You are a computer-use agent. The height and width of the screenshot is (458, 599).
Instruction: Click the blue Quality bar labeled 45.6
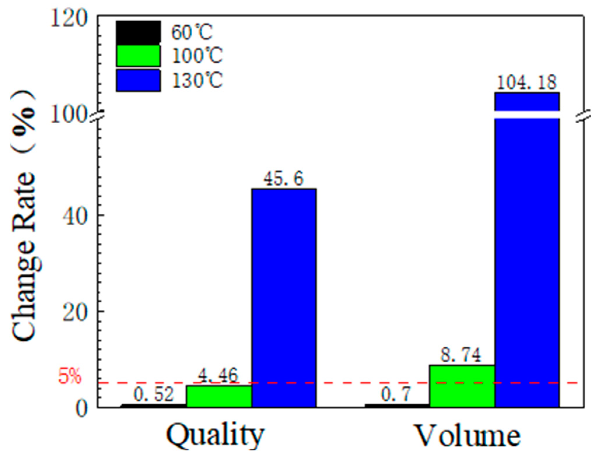tap(284, 297)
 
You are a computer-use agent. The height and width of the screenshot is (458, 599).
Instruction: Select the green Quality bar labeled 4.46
tap(219, 396)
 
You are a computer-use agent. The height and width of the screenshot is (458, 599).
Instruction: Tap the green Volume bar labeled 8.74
tap(462, 386)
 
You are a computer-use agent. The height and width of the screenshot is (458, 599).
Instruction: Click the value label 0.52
tap(154, 394)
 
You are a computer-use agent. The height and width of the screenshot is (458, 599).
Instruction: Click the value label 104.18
tap(526, 83)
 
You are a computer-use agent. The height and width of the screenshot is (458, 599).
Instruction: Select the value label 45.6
tap(283, 178)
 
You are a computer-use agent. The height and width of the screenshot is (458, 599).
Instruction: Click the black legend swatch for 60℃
tap(138, 32)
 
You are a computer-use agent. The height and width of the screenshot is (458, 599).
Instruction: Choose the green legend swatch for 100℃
tap(138, 56)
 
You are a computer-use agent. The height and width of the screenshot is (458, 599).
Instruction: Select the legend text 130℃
tap(197, 81)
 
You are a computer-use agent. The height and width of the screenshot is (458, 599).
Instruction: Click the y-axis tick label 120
tap(69, 19)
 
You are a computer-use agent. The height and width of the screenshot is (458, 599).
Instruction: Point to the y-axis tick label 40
tap(75, 217)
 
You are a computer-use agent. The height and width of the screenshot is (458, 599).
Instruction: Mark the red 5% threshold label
tap(69, 376)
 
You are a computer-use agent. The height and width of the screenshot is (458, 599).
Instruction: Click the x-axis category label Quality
tap(215, 436)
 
